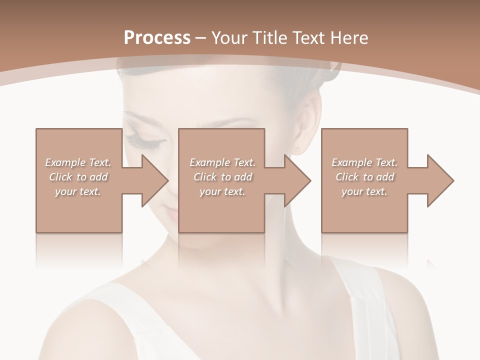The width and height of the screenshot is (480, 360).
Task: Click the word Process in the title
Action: (157, 38)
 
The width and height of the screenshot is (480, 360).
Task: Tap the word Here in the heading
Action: (349, 38)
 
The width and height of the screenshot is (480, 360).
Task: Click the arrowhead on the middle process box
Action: (296, 180)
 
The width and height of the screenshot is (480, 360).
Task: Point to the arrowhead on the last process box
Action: (439, 180)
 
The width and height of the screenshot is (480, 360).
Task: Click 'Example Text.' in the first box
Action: (78, 162)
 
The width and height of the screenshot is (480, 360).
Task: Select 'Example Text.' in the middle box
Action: (222, 162)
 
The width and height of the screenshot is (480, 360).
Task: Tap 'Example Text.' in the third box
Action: (364, 162)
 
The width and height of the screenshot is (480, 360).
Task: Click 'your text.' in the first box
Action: (78, 191)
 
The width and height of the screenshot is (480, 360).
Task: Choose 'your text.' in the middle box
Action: (222, 191)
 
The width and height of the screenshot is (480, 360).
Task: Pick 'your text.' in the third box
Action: (364, 191)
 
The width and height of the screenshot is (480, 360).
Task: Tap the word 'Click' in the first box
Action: (60, 177)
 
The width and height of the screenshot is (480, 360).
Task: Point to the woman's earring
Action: (298, 148)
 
